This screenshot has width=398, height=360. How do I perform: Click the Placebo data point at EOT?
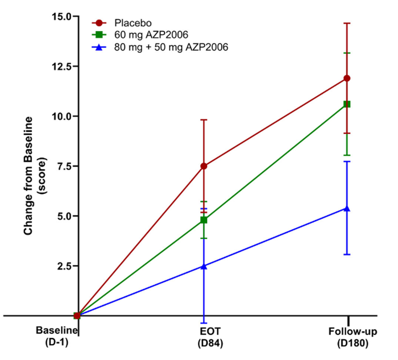204,166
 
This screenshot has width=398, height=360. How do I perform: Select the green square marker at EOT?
204,220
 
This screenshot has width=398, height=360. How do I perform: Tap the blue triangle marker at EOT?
204,265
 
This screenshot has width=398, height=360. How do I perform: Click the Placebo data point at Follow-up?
347,78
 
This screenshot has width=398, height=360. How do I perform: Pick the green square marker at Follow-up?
347,104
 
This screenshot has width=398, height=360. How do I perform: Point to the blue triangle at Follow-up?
347,208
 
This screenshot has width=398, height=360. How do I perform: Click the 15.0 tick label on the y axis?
62,17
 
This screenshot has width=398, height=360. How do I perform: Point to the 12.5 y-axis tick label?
62,67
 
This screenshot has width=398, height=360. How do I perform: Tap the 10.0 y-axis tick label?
62,116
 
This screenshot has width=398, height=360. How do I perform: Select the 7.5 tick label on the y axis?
64,166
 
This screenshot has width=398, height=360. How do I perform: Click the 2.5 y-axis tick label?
64,266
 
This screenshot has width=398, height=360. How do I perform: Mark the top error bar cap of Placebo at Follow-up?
347,23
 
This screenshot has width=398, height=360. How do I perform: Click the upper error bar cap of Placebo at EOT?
204,119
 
